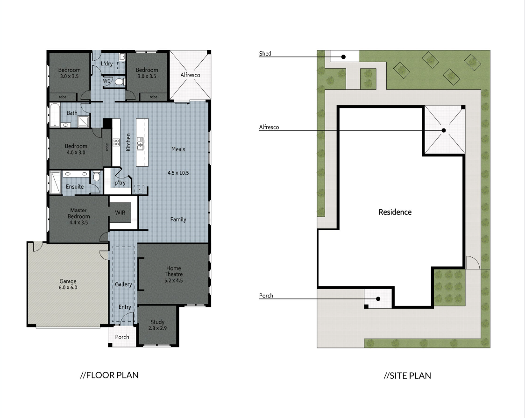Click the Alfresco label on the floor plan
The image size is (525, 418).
pos(190,75)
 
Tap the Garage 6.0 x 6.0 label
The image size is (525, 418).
pos(68,284)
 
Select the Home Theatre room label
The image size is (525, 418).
pos(173,274)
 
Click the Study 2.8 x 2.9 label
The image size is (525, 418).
pos(157,325)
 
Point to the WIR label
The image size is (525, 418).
pos(120,213)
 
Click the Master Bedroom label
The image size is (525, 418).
pos(78,216)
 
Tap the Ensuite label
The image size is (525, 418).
pos(75,186)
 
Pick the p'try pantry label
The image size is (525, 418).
pos(120,183)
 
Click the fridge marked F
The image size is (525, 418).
pos(140,189)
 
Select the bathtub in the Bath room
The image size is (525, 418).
pos(55,115)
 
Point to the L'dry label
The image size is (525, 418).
pos(107,64)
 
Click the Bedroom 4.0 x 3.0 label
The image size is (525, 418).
pos(76,149)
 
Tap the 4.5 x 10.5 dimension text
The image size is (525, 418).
pos(178,173)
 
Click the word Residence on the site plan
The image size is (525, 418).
pos(395,212)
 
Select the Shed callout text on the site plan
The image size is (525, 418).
pos(265,53)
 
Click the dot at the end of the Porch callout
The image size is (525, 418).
pos(378,299)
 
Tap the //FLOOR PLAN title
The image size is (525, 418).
pos(109,375)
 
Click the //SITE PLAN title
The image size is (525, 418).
pos(407,375)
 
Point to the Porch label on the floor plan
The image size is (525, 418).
pos(122,337)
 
